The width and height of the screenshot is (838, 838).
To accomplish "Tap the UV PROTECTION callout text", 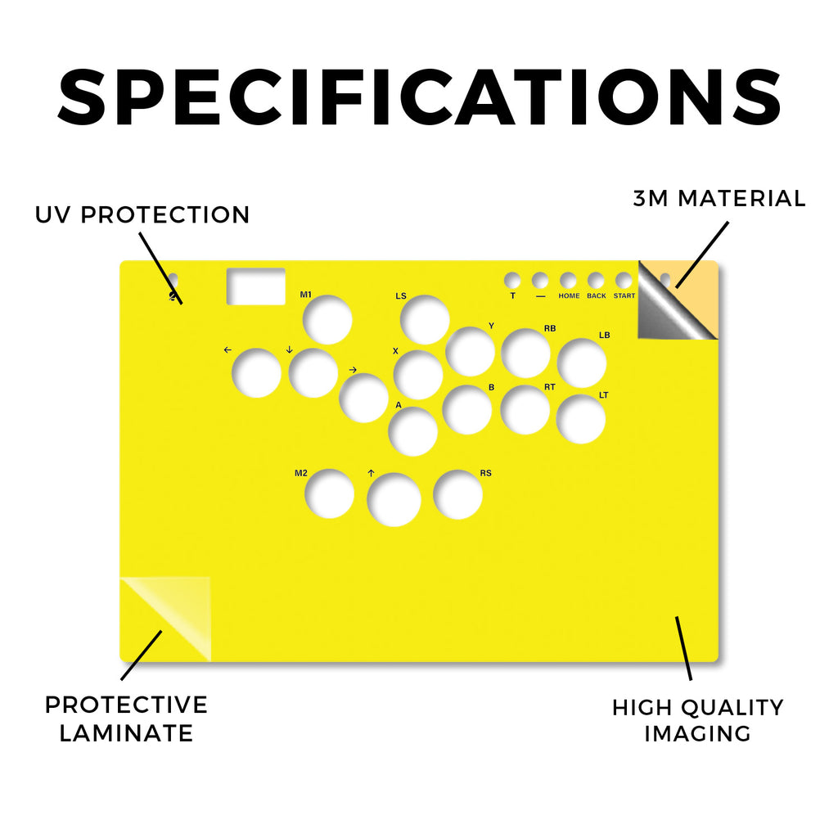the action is pos(142,215).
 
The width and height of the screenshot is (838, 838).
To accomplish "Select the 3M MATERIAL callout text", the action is pos(719,198).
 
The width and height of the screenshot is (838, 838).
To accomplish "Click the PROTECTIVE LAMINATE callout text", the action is pos(126,719).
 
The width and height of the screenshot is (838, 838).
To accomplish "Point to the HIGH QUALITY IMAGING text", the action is pos(698,720).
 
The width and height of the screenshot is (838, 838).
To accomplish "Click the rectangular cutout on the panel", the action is pos(256,286).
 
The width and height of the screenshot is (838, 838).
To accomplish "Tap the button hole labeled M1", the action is pos(327,320).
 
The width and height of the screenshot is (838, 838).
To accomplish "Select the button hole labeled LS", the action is pos(425,320).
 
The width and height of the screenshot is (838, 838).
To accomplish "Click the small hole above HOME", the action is pos(568,280).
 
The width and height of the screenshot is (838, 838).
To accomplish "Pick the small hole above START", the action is pos(624,280).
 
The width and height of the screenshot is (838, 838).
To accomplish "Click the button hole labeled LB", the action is pos(582,363).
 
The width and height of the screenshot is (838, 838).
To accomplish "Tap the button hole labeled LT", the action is pos(581,419).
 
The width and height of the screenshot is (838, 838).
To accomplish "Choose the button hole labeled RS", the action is pos(458,494).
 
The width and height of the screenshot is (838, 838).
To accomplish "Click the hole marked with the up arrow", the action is pos(394,500).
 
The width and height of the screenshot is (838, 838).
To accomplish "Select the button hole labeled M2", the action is pos(329,493).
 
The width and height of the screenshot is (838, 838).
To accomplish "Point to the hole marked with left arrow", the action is pos(256,373).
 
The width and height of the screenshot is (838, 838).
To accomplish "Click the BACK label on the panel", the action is pos(597,295).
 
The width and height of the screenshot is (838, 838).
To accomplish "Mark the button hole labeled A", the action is pos(413,431).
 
